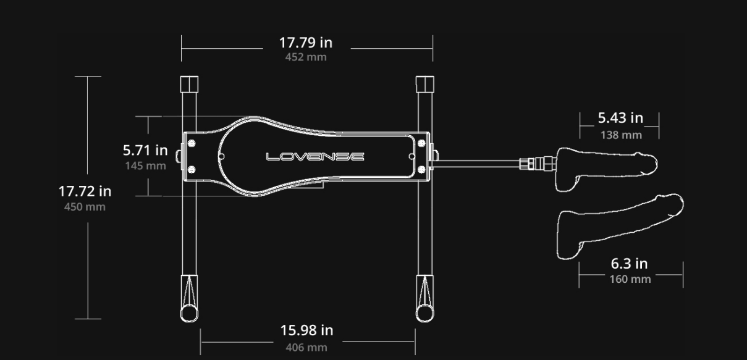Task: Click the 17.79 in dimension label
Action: pos(306,43)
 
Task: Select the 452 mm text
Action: pos(306,57)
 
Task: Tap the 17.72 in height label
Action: pos(85,191)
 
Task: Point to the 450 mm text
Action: pos(85,207)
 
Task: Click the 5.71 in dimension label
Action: pos(145,150)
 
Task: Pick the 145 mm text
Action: pos(145,165)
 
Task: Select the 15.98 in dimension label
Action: pos(307,330)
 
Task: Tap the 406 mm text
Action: pos(306,347)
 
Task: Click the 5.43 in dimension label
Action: pos(620,118)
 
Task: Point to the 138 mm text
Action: pos(622,135)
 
